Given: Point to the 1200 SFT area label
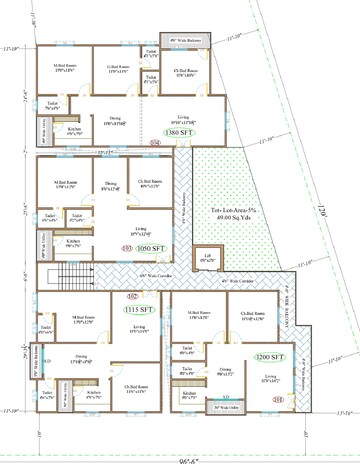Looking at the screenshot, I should click(x=269, y=356).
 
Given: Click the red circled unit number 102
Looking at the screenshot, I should click(x=132, y=297).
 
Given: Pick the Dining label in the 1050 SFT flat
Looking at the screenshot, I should click(x=110, y=185).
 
